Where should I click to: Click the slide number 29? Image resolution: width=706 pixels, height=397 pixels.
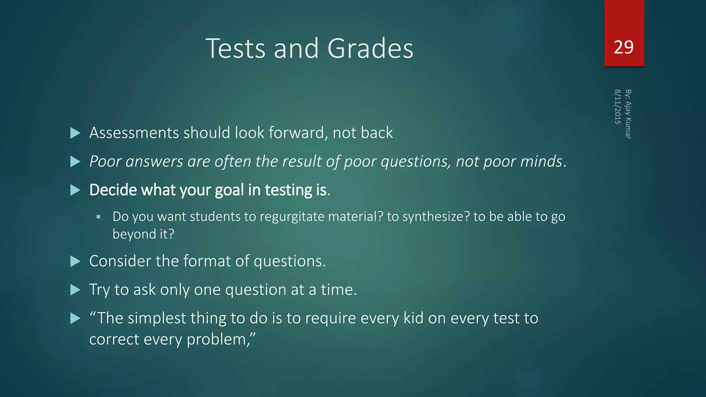pos(624,47)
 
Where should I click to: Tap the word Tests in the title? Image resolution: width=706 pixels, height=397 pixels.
pos(235,49)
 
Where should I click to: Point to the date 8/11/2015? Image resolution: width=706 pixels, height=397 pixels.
pos(618,106)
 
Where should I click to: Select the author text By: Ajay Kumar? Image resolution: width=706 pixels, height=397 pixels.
pos(628,114)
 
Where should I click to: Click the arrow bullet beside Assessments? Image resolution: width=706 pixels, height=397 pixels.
pos(75,133)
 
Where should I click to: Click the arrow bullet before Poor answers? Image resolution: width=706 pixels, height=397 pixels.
pos(75,162)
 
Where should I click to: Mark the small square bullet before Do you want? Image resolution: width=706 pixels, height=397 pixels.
pos(99,217)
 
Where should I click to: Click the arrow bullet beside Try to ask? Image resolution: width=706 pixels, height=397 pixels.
pos(75,290)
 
